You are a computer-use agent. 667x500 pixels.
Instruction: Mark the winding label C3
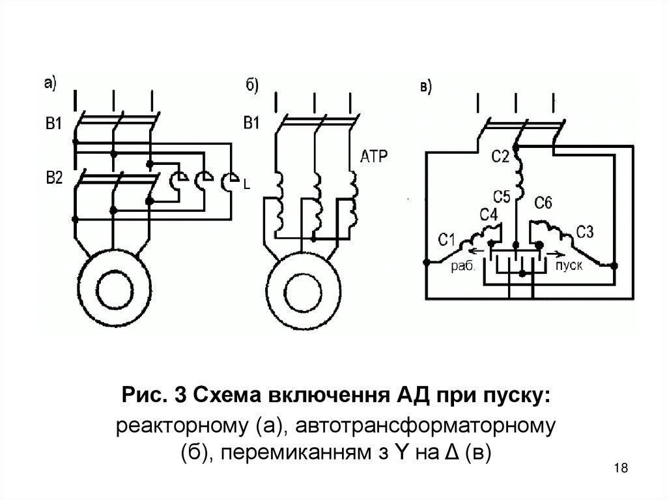[x=585, y=231]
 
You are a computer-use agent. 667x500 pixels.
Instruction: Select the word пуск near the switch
[x=569, y=266]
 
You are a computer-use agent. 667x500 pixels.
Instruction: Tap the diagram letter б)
[x=252, y=85]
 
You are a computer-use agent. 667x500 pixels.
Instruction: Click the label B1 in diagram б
[x=251, y=123]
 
